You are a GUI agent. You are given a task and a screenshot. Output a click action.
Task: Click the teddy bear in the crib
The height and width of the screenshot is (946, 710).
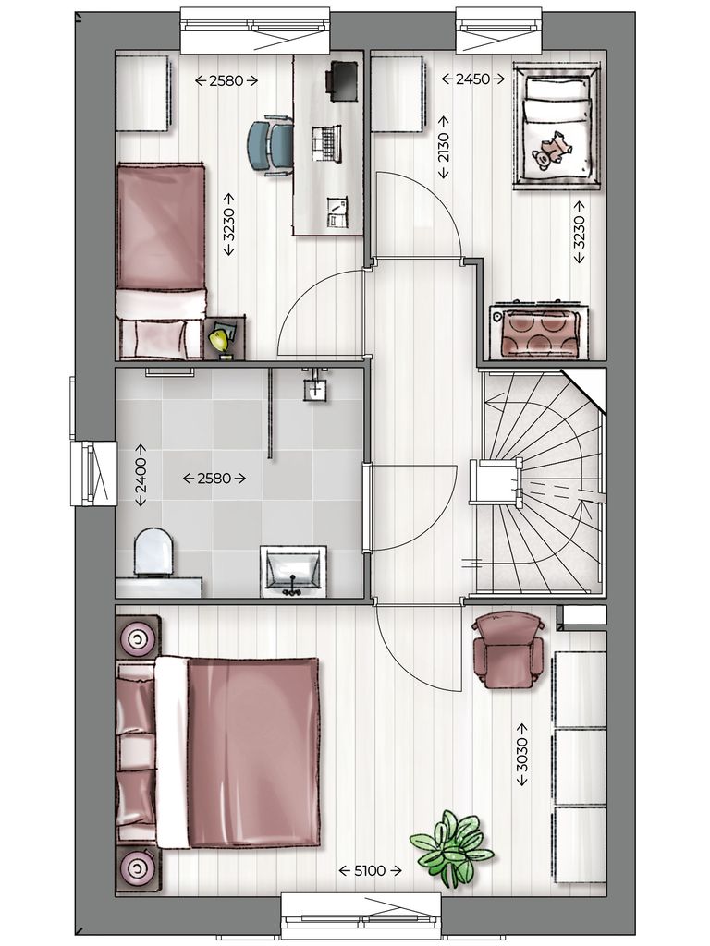tap(554, 149)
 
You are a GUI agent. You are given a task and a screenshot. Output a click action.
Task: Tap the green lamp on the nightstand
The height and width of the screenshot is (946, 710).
tap(220, 341)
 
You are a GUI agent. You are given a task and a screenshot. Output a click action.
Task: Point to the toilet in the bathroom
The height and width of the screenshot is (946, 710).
tap(153, 552)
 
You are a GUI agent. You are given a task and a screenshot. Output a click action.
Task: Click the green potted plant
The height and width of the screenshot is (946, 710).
tap(451, 846)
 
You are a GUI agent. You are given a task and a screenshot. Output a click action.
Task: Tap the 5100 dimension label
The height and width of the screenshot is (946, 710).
tap(370, 870)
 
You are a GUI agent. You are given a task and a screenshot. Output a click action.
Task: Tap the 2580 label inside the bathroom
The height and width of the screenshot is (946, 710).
tap(214, 479)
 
